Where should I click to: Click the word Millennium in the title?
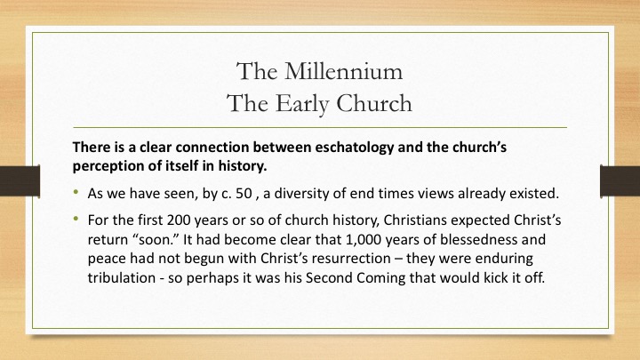pos(343,71)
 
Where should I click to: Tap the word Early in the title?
pos(302,104)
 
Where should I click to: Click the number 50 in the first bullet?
pos(244,193)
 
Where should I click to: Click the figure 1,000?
pos(364,240)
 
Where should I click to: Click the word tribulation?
pos(122,277)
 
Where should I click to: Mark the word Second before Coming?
pos(329,277)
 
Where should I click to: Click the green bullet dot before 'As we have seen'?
pos(76,192)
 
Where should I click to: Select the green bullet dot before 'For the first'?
pos(76,219)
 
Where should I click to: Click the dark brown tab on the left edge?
pos(20,180)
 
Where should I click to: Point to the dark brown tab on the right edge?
pos(620,180)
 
